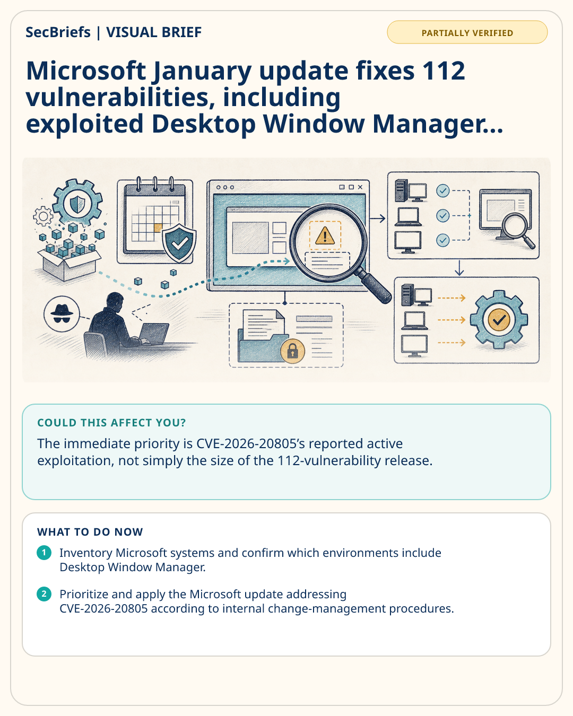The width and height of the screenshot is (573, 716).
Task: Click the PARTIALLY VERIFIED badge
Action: [467, 32]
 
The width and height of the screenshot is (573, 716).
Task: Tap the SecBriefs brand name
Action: [58, 32]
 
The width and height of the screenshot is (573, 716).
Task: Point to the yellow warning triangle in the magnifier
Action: [325, 235]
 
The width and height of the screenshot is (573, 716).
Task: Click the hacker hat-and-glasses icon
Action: [62, 314]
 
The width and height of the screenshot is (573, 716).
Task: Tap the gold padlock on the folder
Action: [292, 351]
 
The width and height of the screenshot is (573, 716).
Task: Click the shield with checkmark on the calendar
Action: [179, 243]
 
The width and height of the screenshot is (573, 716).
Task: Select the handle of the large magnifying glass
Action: [375, 286]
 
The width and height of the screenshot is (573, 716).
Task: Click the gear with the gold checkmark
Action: [499, 319]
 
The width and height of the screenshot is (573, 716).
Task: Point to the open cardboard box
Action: [69, 264]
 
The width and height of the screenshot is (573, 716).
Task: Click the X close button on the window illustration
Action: [360, 187]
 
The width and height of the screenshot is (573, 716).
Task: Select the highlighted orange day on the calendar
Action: [158, 228]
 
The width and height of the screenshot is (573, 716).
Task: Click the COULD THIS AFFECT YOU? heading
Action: [111, 423]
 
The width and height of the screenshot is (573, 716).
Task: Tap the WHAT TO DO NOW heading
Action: [90, 531]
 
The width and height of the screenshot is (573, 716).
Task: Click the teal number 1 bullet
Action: [44, 553]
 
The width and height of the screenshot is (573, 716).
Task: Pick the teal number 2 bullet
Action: [44, 594]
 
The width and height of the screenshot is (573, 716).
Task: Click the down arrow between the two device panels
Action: [459, 268]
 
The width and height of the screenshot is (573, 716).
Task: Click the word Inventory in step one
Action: [86, 553]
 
